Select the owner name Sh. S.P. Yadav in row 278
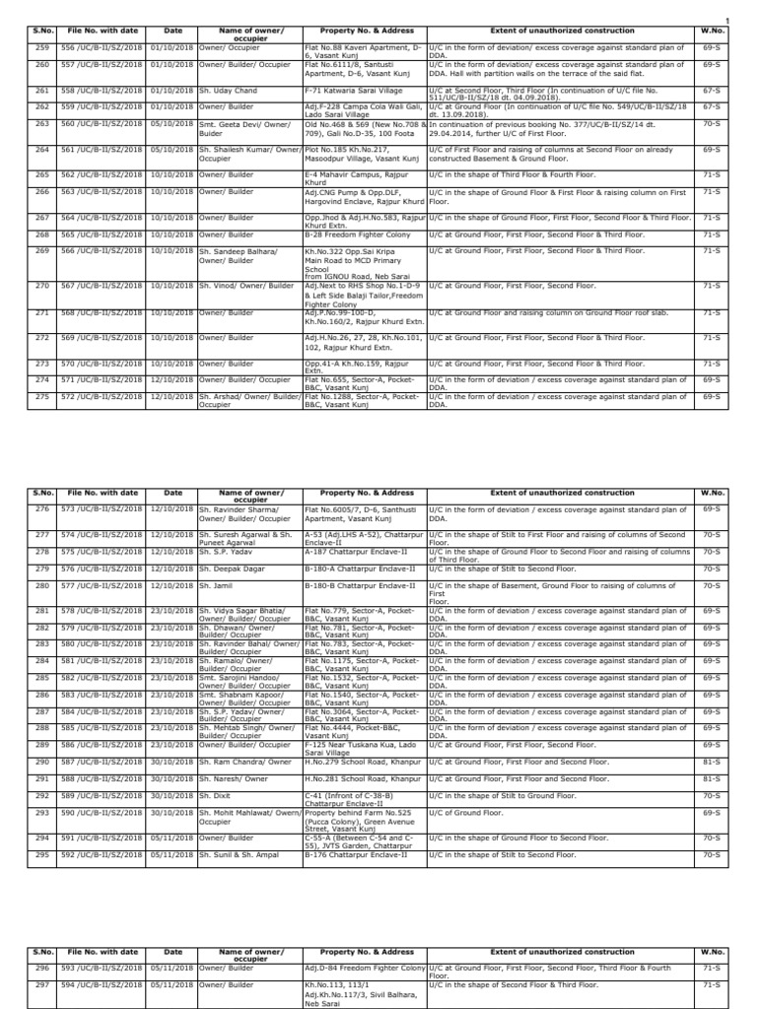point(227,552)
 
